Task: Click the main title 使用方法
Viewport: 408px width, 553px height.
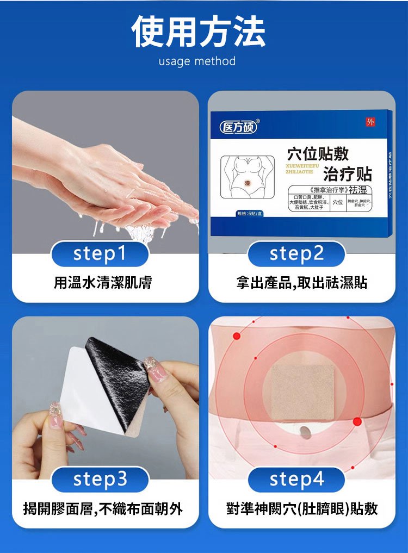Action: tap(199, 32)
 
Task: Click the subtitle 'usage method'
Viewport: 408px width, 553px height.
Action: tap(197, 61)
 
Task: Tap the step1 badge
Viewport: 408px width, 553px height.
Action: tap(100, 254)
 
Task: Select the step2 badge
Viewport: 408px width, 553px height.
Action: tap(296, 254)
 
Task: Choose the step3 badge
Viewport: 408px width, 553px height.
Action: tap(100, 479)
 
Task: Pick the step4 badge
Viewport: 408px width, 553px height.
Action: tap(296, 479)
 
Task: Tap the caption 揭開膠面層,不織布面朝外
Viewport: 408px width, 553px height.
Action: tap(103, 509)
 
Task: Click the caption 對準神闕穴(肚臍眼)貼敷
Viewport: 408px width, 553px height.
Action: tap(302, 509)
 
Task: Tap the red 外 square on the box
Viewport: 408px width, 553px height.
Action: tap(370, 122)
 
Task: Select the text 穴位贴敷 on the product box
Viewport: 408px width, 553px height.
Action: tap(318, 154)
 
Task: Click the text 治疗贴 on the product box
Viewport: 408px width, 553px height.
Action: tap(347, 173)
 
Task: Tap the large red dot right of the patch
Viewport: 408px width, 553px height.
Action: tap(357, 421)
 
